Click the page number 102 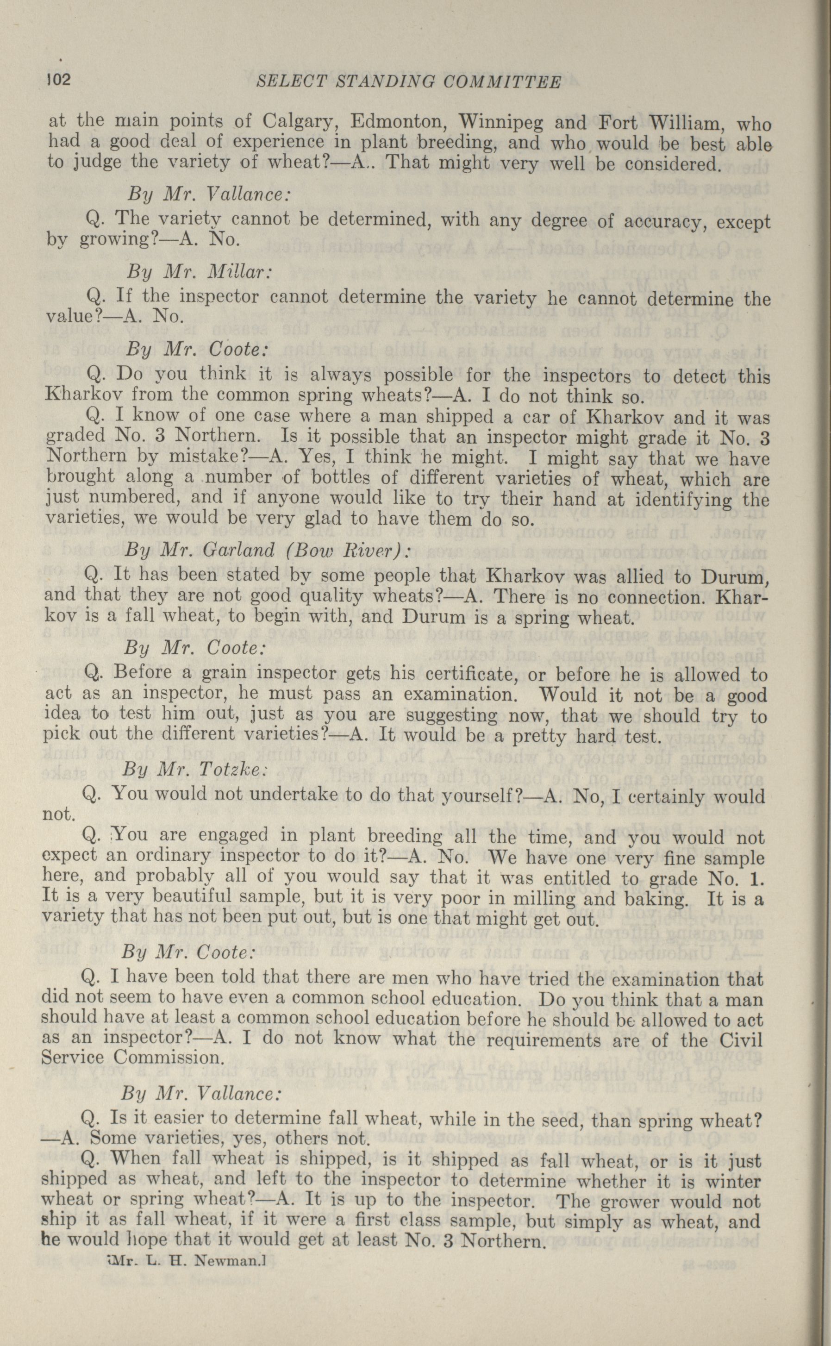click(x=58, y=80)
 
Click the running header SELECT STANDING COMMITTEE click(x=409, y=82)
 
